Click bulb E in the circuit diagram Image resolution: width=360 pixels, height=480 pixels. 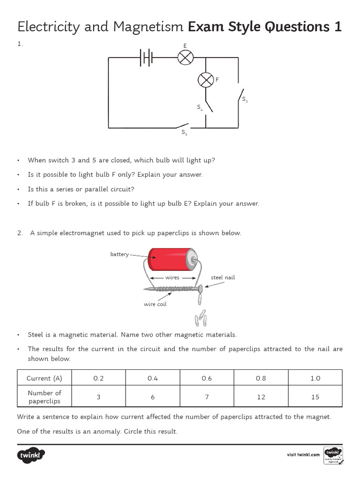(185, 58)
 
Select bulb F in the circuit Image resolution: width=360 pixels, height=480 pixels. (205, 80)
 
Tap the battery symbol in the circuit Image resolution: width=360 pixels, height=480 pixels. (146, 58)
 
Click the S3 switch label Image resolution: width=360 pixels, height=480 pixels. (244, 99)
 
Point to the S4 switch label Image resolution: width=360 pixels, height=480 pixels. (200, 107)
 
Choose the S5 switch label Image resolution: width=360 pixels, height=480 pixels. (184, 133)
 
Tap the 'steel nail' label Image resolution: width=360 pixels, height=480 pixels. (223, 277)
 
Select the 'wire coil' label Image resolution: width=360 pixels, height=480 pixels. (155, 304)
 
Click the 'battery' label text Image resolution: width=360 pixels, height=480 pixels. (120, 254)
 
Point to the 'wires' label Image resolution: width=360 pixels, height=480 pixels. (172, 277)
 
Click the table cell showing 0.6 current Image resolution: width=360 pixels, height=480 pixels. (207, 378)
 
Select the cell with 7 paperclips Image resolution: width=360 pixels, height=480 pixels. (207, 397)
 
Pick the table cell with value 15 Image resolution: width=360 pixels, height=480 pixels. (315, 397)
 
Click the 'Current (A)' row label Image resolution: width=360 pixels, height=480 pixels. (44, 378)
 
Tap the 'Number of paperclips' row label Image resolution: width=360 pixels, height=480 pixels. (44, 397)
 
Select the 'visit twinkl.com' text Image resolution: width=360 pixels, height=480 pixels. (303, 455)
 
